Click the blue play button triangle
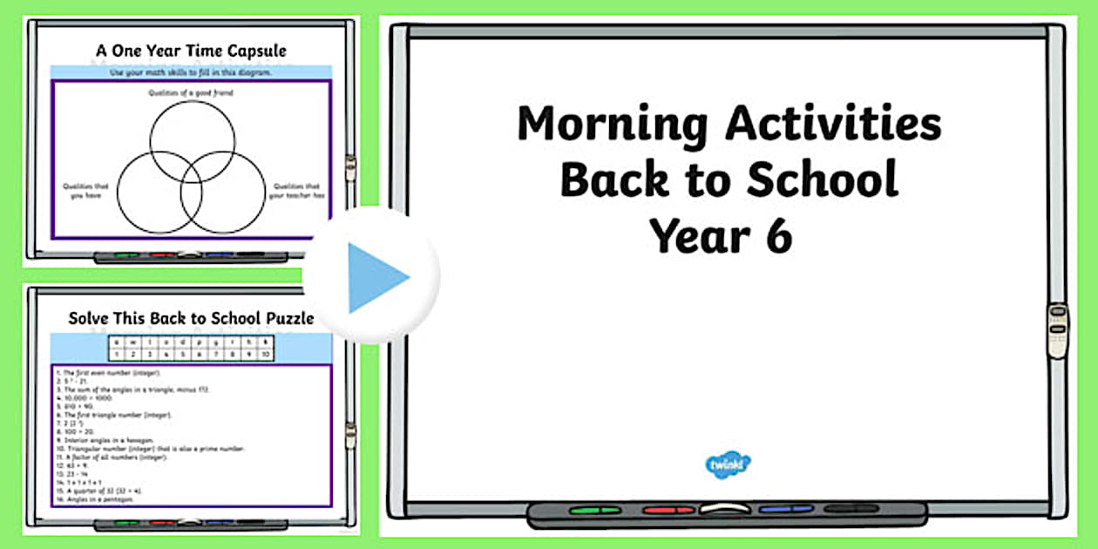click(x=376, y=277)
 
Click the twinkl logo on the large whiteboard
click(x=728, y=464)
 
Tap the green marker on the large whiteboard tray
click(x=589, y=510)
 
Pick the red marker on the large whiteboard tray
click(x=668, y=510)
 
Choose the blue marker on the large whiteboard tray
click(x=786, y=510)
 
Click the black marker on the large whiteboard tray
click(x=851, y=509)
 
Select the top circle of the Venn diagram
click(x=192, y=134)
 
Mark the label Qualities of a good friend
click(x=192, y=92)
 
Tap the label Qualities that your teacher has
click(x=296, y=191)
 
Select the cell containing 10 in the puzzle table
click(x=265, y=355)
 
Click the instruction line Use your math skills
click(x=192, y=72)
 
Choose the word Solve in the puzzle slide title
click(x=90, y=318)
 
